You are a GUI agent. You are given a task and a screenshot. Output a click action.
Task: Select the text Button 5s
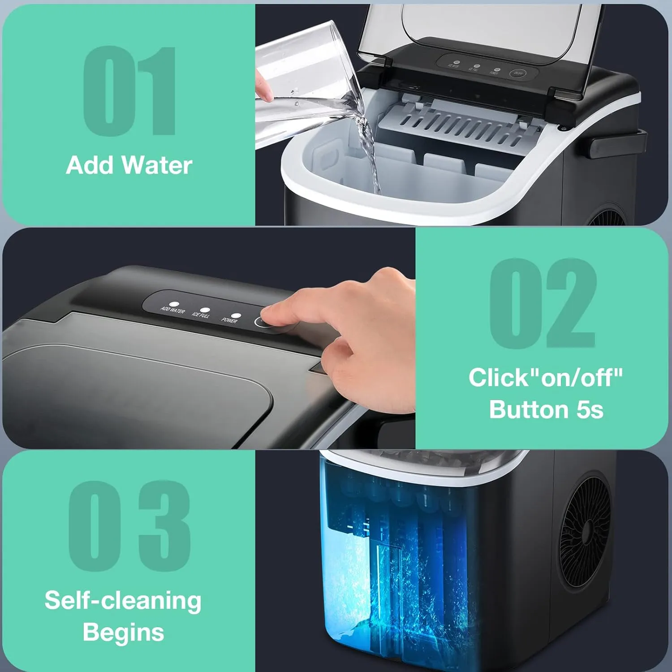pos(546,409)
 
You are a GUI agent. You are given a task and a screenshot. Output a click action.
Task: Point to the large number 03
pos(130,526)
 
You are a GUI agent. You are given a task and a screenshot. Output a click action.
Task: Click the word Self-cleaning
pos(123,600)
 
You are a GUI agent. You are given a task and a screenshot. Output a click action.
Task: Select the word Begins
pos(123,632)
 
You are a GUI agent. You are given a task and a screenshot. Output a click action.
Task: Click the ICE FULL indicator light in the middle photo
pos(205,310)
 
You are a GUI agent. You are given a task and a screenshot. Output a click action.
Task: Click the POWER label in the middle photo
pos(229,320)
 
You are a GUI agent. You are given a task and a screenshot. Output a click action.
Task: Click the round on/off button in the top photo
pos(518,74)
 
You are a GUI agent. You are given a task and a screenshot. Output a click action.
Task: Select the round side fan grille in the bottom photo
pos(585,529)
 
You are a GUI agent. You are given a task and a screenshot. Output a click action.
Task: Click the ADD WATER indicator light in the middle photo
pos(174,304)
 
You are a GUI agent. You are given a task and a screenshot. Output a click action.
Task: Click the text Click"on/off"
pos(546,378)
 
